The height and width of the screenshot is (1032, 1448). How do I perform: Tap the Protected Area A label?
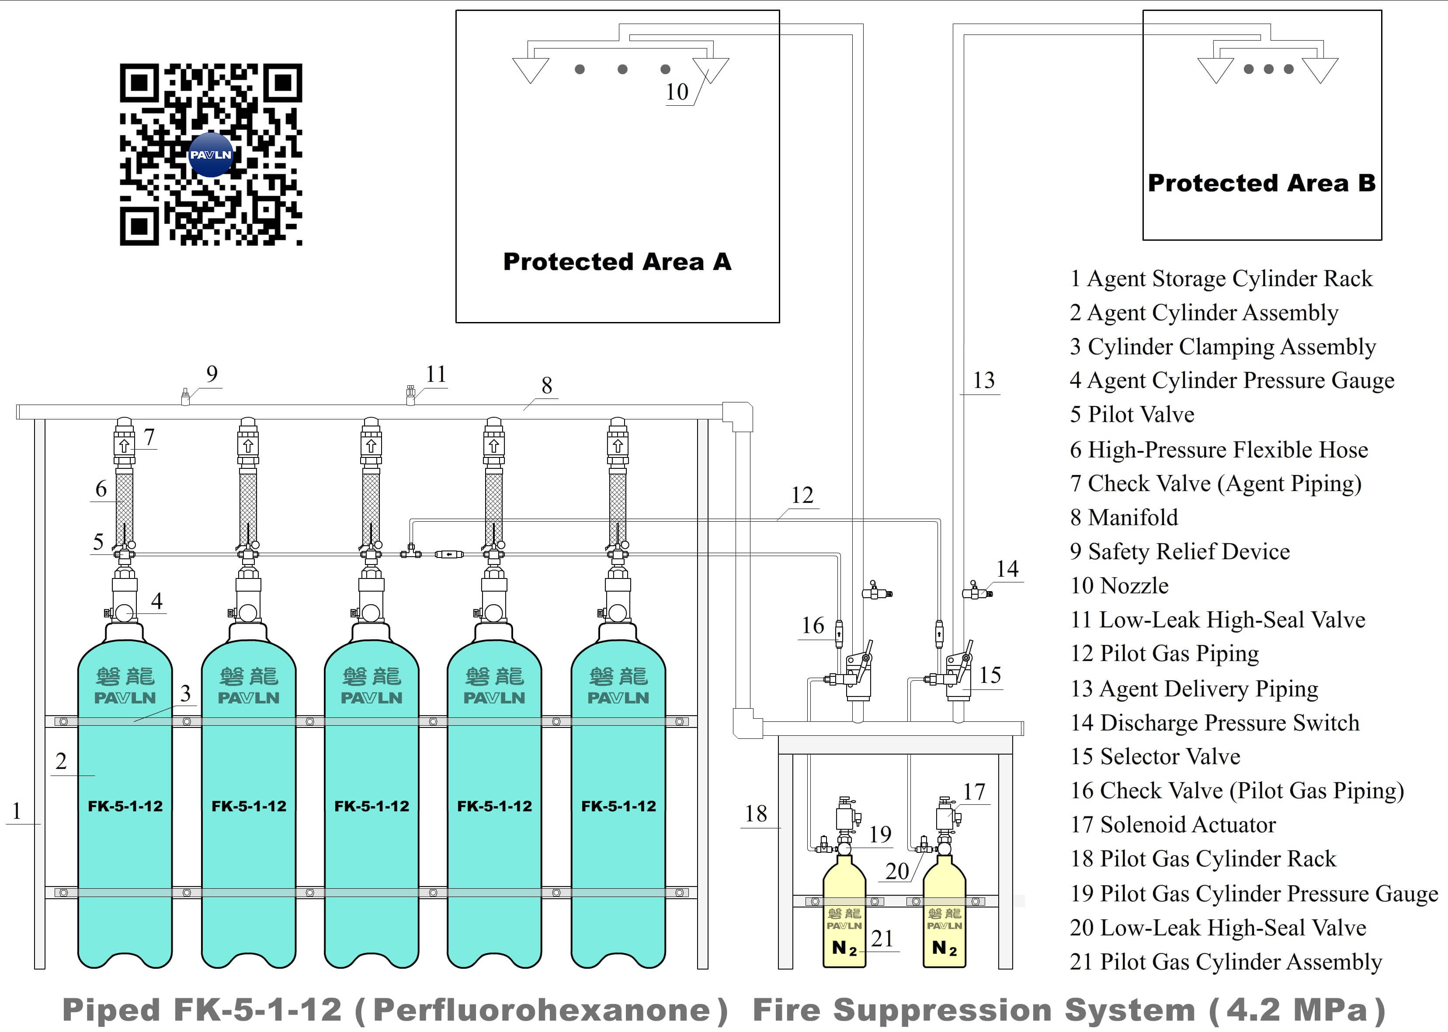tap(617, 262)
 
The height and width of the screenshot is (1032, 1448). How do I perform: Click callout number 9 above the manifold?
tap(212, 374)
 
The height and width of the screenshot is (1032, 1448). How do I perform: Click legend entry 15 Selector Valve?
tap(1155, 756)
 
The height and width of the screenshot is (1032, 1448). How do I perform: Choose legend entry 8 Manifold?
tap(1124, 517)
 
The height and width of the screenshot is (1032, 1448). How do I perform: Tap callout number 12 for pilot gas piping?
tap(802, 495)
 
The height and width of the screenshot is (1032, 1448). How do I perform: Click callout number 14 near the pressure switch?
tap(1007, 569)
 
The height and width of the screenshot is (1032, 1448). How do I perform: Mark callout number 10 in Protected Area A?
tap(677, 92)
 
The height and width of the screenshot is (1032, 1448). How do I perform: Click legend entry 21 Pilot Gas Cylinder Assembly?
tap(1226, 962)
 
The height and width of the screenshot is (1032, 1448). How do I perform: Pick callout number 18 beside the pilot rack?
tap(756, 814)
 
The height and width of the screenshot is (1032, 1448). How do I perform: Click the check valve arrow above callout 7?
tap(124, 446)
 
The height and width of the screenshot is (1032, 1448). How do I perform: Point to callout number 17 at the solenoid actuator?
tap(973, 792)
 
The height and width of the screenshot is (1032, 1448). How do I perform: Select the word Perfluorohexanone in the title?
tap(541, 1011)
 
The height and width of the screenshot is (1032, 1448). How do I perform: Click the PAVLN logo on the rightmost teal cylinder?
tap(618, 698)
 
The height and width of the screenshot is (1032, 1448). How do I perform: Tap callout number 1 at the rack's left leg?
tap(17, 811)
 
